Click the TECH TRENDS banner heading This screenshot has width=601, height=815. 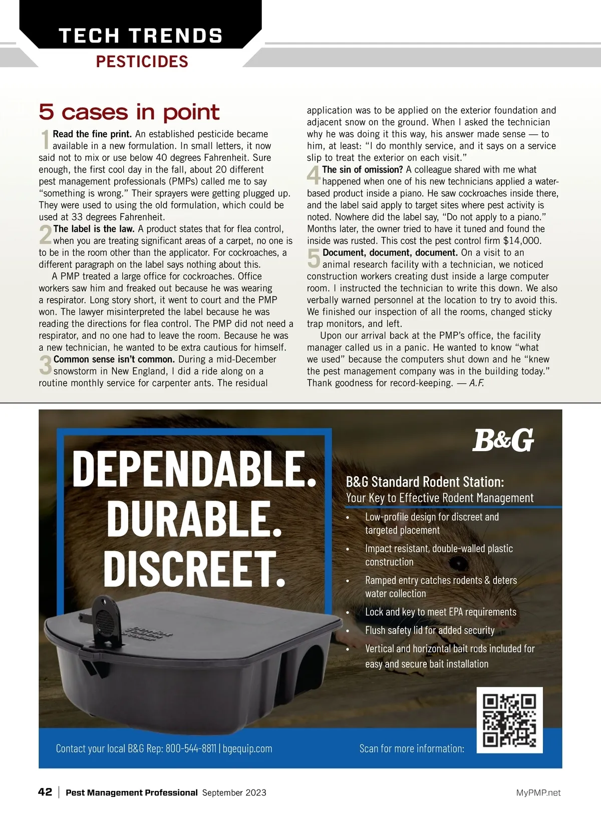(141, 36)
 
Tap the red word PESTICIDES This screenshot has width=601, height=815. (142, 62)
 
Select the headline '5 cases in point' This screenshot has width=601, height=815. (129, 112)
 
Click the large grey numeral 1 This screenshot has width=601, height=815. (45, 139)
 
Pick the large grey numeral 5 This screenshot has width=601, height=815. (314, 258)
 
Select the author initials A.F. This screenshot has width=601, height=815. (476, 383)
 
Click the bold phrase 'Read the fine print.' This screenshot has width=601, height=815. (92, 134)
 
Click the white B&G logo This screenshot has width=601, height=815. (503, 440)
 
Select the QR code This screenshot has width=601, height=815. (509, 720)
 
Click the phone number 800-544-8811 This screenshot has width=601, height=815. (191, 748)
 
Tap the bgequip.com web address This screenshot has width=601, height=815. (247, 748)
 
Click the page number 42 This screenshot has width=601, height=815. (45, 792)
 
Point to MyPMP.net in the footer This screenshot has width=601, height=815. (538, 792)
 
